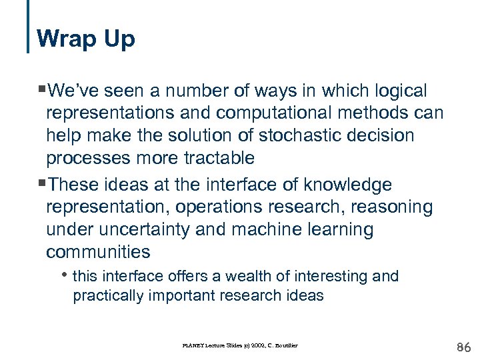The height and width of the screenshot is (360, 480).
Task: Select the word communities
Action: click(98, 252)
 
